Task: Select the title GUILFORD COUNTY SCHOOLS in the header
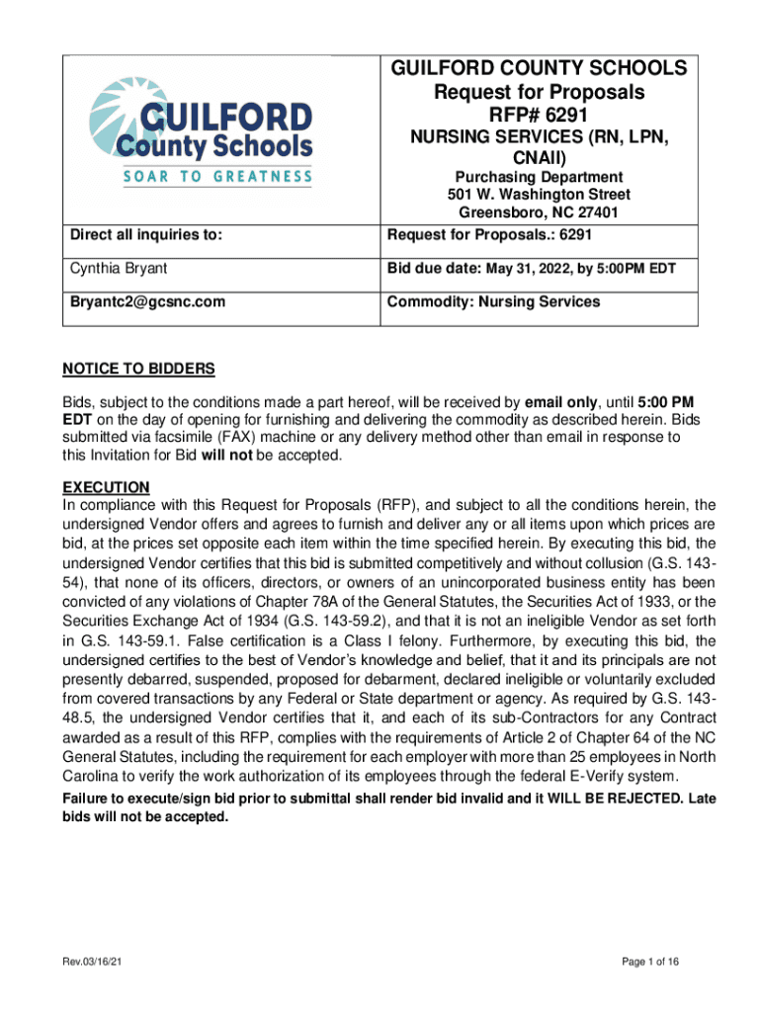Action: point(539,68)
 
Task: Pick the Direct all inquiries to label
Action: point(145,235)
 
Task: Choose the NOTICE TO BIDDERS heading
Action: point(138,370)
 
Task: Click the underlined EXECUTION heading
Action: point(106,487)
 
